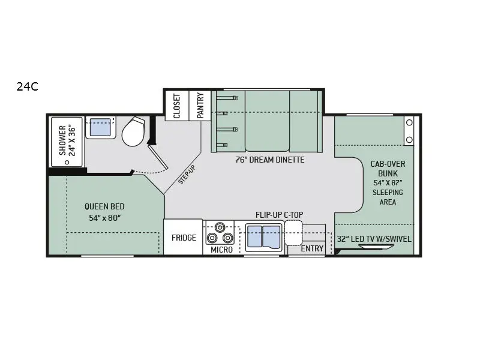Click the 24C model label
click(28, 87)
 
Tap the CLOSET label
click(177, 106)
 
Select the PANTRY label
click(200, 106)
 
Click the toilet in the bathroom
click(133, 131)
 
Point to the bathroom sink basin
click(100, 127)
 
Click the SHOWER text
click(62, 140)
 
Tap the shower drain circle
click(67, 162)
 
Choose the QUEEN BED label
click(104, 206)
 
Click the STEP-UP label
click(187, 175)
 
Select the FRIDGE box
click(183, 237)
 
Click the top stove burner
click(219, 227)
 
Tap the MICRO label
click(221, 250)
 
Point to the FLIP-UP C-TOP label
click(280, 215)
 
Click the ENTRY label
click(312, 248)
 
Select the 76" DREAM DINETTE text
click(270, 160)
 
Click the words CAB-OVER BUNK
click(388, 169)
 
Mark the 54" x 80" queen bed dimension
click(104, 218)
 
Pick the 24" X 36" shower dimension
click(72, 140)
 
